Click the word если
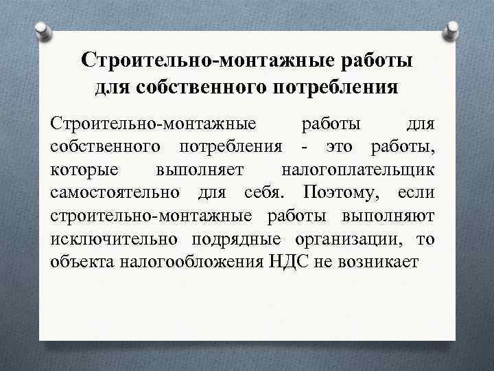(x=414, y=192)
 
